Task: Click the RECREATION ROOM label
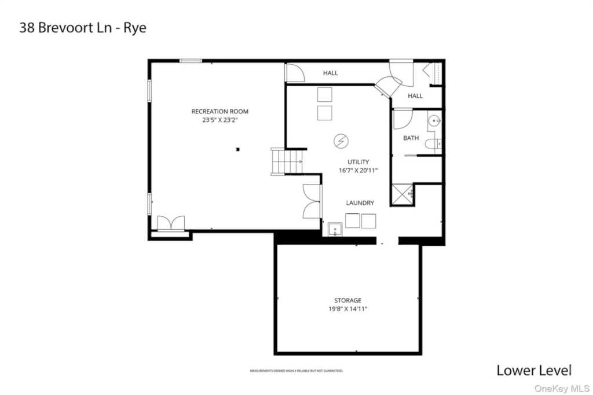click(x=220, y=111)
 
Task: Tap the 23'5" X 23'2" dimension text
click(x=220, y=120)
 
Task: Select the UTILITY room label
click(x=358, y=162)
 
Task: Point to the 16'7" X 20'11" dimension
click(x=358, y=171)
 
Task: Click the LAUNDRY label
click(x=360, y=203)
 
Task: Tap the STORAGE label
click(x=347, y=300)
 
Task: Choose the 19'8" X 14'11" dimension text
click(x=347, y=309)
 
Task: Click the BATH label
click(x=411, y=138)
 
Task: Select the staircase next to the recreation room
click(x=280, y=161)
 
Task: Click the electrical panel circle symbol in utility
click(x=341, y=141)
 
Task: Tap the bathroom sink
click(x=435, y=121)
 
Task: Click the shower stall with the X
click(x=402, y=193)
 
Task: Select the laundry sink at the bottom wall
click(x=335, y=230)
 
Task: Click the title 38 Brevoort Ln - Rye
click(x=83, y=28)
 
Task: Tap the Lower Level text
click(x=533, y=370)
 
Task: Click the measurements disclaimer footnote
click(x=296, y=370)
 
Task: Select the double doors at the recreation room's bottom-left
click(x=171, y=223)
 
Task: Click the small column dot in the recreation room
click(x=237, y=150)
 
